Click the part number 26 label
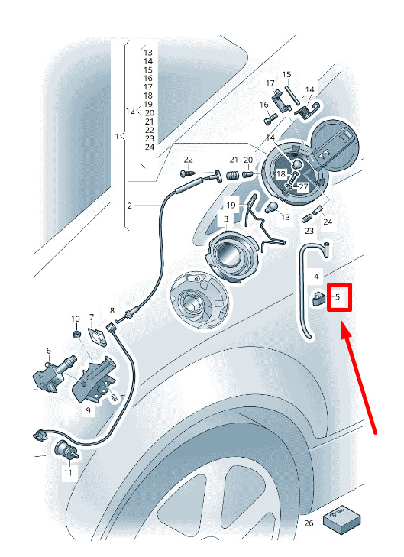(x=309, y=523)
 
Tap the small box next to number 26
(x=342, y=520)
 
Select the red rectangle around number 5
(x=339, y=297)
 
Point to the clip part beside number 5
(x=318, y=298)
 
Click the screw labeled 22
(x=187, y=173)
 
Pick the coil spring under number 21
(x=232, y=176)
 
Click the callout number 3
(x=226, y=219)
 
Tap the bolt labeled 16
(x=270, y=119)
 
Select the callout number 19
(x=231, y=206)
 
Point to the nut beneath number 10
(x=76, y=335)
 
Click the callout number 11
(x=68, y=472)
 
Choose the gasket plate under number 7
(x=96, y=335)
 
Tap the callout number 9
(x=88, y=410)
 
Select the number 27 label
(x=303, y=186)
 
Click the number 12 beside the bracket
(x=131, y=111)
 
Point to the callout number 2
(x=130, y=206)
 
